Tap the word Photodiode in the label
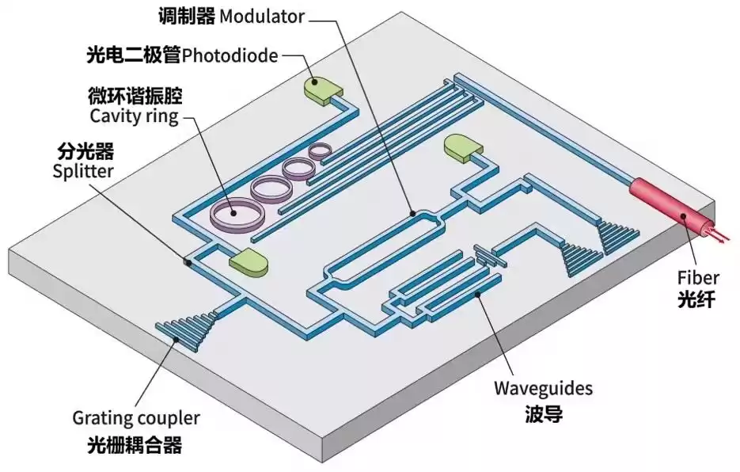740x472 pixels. click(x=230, y=55)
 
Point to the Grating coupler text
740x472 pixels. click(x=136, y=417)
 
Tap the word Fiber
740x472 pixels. click(x=697, y=278)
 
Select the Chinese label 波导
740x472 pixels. click(x=543, y=413)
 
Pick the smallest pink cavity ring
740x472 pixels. click(x=322, y=149)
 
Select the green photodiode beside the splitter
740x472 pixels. click(x=249, y=262)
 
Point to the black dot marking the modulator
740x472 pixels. click(x=413, y=212)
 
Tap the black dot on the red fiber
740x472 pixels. click(x=684, y=215)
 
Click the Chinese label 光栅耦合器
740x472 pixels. click(x=135, y=446)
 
